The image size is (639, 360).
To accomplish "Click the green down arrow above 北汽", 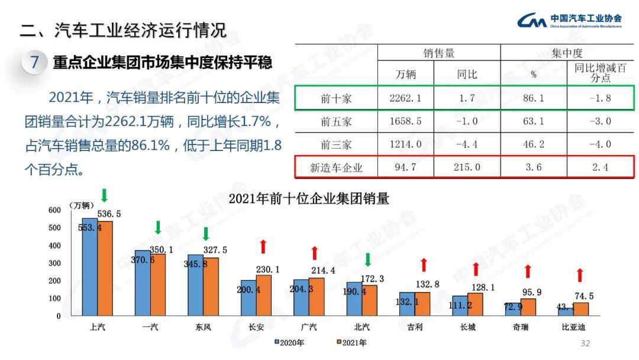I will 367,260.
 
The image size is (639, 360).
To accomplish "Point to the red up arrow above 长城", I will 475,269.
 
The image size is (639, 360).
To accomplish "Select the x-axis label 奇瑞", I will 520,327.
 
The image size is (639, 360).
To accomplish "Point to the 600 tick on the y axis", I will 54,210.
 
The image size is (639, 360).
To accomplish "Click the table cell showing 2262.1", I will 405,98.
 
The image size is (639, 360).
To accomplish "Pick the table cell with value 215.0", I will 467,168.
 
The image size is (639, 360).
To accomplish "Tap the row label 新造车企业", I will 336,168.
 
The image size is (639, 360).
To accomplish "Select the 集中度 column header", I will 567,53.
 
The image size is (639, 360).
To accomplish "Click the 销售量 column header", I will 438,53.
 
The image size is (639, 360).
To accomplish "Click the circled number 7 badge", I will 35,62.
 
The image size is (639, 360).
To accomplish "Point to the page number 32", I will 586,343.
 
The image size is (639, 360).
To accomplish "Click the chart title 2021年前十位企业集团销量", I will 309,199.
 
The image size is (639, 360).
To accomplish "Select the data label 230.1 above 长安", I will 268,269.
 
